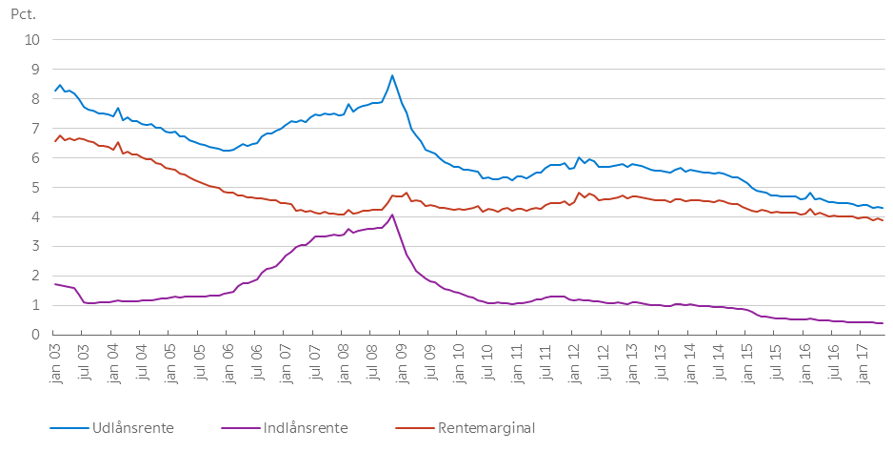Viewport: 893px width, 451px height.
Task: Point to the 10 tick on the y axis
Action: coord(33,40)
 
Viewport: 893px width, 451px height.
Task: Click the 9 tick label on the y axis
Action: coord(36,70)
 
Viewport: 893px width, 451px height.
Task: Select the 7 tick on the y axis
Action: coord(36,129)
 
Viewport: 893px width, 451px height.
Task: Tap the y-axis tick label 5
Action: coord(36,188)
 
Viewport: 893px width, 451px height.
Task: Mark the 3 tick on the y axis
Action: coord(36,247)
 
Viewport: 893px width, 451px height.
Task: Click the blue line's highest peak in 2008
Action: coord(392,75)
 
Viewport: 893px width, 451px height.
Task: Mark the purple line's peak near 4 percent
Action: coord(392,215)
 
